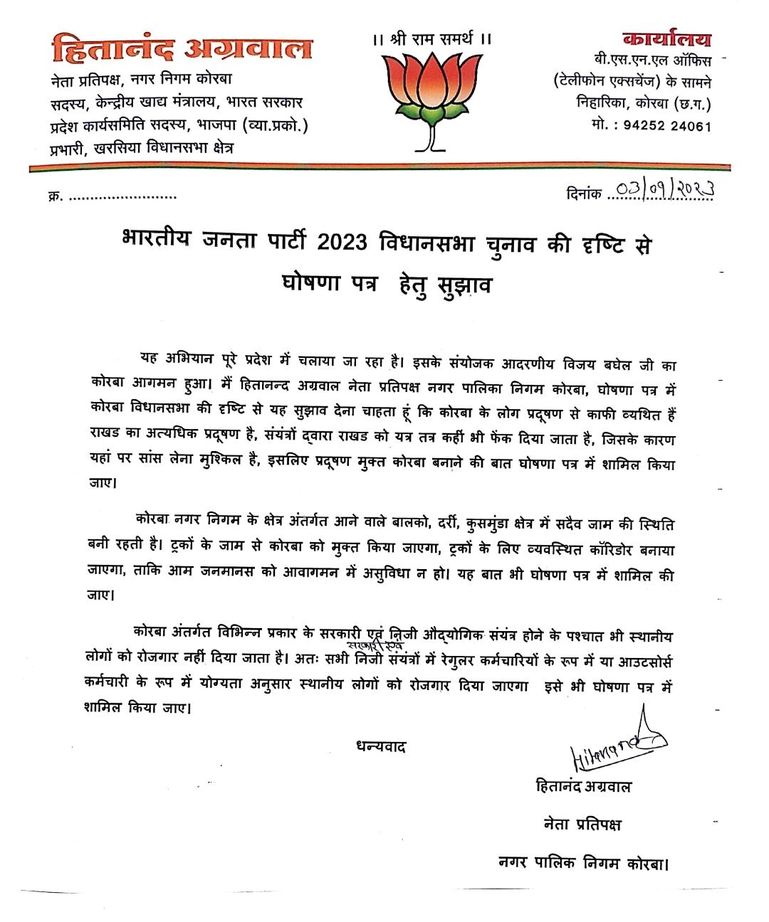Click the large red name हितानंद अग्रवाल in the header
point(182,48)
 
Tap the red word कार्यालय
point(666,39)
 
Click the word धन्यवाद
point(380,747)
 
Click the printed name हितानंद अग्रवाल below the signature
point(583,787)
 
